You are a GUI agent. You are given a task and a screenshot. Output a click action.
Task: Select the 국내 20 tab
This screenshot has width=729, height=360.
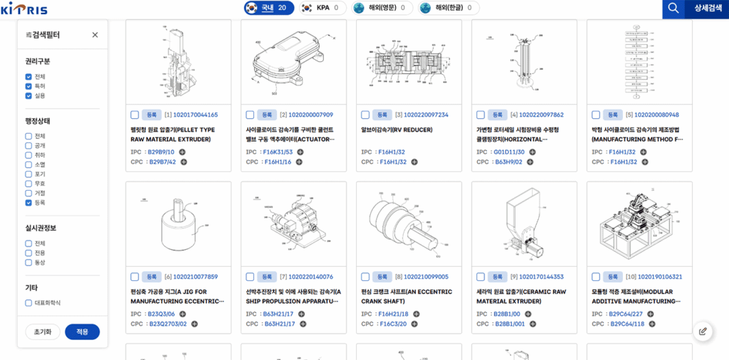pyautogui.click(x=268, y=8)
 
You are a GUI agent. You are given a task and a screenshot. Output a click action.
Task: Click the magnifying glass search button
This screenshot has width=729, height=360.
pyautogui.click(x=672, y=9)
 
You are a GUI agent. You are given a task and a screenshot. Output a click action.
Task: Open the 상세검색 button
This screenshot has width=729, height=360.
pyautogui.click(x=707, y=9)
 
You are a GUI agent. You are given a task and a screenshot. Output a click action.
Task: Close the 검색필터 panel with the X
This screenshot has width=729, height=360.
pyautogui.click(x=95, y=35)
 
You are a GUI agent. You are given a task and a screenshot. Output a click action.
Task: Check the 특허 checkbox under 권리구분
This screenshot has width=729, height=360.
pyautogui.click(x=28, y=86)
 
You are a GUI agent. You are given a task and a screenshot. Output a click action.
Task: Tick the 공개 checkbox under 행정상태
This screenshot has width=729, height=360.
pyautogui.click(x=28, y=145)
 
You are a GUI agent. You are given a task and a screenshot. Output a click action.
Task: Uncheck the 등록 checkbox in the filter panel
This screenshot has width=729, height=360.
pyautogui.click(x=28, y=203)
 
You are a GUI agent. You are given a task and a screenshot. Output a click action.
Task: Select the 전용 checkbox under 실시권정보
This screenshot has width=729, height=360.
pyautogui.click(x=28, y=253)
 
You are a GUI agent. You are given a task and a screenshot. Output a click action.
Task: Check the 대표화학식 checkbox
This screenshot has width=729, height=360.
pyautogui.click(x=28, y=303)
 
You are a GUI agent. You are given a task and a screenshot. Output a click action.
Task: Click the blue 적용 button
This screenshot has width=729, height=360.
pyautogui.click(x=82, y=332)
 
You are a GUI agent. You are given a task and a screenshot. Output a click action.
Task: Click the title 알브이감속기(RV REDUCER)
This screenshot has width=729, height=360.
pyautogui.click(x=397, y=130)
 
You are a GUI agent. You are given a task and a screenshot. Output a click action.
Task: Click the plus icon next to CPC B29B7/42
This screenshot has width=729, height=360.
pyautogui.click(x=184, y=162)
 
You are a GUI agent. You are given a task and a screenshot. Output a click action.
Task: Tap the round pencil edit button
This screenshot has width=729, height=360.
pyautogui.click(x=703, y=331)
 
